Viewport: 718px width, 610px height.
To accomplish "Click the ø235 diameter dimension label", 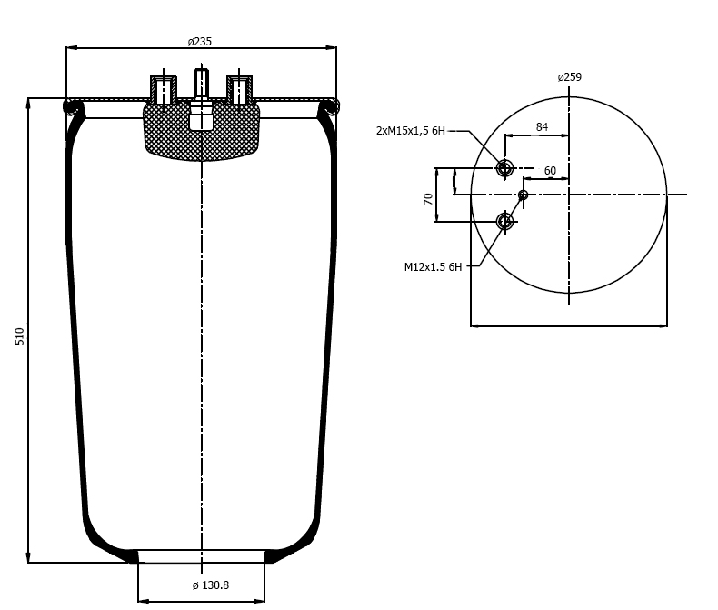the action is pyautogui.click(x=200, y=42).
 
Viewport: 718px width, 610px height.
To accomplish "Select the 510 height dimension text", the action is pyautogui.click(x=20, y=336).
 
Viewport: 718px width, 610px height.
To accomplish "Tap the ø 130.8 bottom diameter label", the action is pyautogui.click(x=210, y=585).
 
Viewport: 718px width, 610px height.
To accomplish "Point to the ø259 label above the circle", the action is pyautogui.click(x=570, y=77).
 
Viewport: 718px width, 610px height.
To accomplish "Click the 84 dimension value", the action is pyautogui.click(x=542, y=127).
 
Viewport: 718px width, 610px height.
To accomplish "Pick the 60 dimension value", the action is pyautogui.click(x=550, y=171).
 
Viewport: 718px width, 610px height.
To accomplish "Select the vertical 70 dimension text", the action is pyautogui.click(x=428, y=199).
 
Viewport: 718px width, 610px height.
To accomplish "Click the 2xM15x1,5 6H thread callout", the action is pyautogui.click(x=410, y=131).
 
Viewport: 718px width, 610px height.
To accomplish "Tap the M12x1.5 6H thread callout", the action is pyautogui.click(x=434, y=267).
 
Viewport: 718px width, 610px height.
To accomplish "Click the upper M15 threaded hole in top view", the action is pyautogui.click(x=504, y=168).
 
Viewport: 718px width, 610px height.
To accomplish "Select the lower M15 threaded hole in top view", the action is pyautogui.click(x=504, y=222).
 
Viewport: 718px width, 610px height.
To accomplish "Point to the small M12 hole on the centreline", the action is pyautogui.click(x=523, y=195).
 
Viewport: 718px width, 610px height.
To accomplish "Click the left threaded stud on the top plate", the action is pyautogui.click(x=164, y=90).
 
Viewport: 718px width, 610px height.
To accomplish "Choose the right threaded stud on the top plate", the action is pyautogui.click(x=240, y=90).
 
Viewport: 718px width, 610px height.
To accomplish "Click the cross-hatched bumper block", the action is pyautogui.click(x=202, y=132).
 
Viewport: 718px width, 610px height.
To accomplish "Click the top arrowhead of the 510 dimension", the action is pyautogui.click(x=28, y=103).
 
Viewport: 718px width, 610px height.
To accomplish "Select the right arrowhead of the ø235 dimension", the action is pyautogui.click(x=333, y=47).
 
